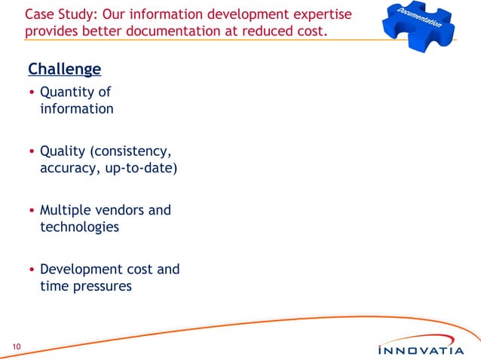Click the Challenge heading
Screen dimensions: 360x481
64,70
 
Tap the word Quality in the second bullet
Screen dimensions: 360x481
63,151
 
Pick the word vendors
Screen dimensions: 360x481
120,210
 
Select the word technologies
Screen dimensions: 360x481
79,227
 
